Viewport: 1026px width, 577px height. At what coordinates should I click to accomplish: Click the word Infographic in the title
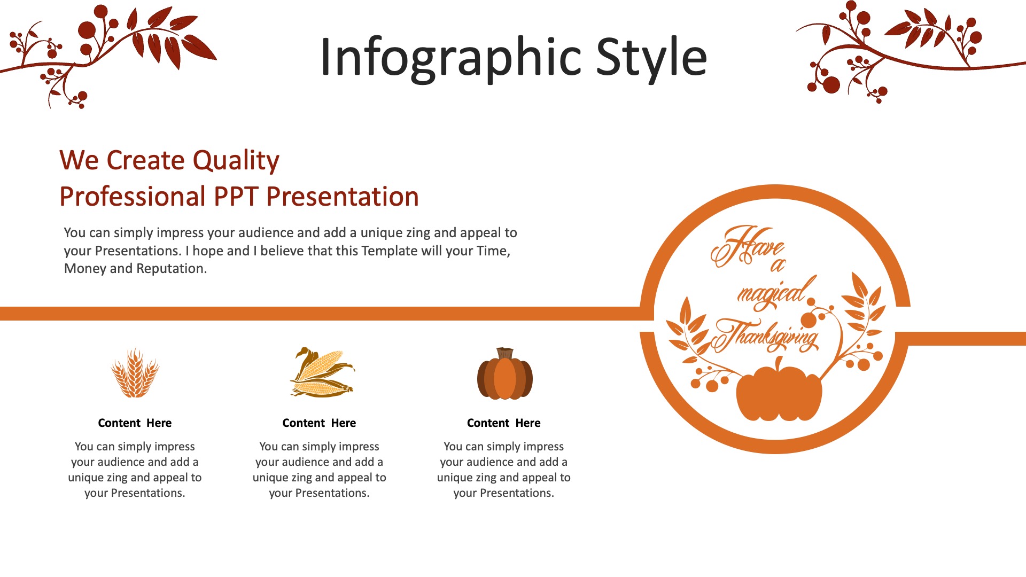click(450, 58)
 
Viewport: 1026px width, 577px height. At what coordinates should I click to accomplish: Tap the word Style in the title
click(651, 58)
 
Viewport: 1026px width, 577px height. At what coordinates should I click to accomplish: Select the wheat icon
click(135, 372)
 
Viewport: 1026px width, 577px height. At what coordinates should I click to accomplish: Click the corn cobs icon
click(322, 372)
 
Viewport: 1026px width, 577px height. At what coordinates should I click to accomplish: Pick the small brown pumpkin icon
click(505, 373)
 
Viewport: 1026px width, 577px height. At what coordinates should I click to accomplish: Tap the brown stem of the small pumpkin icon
click(505, 353)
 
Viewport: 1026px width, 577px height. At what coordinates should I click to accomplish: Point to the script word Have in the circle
click(747, 246)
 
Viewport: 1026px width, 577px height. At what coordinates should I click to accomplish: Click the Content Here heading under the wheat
click(135, 423)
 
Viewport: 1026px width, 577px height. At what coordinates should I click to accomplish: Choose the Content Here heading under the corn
click(319, 423)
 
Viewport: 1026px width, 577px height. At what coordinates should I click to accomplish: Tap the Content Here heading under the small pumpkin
click(504, 423)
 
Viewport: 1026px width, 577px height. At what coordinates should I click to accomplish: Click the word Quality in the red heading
click(236, 161)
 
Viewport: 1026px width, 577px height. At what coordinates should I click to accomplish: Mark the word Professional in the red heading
click(133, 197)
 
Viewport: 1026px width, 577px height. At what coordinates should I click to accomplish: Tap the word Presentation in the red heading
click(343, 197)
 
